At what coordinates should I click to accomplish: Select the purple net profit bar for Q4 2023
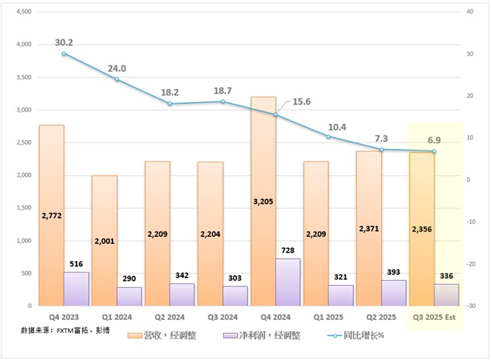click(76, 290)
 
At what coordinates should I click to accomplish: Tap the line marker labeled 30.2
click(64, 53)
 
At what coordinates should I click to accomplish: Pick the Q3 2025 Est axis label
click(433, 317)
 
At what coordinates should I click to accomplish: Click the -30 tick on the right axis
click(471, 306)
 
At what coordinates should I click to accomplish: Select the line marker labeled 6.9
click(434, 151)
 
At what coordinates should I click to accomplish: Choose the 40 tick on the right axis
click(469, 12)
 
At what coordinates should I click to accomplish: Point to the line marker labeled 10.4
click(328, 136)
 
